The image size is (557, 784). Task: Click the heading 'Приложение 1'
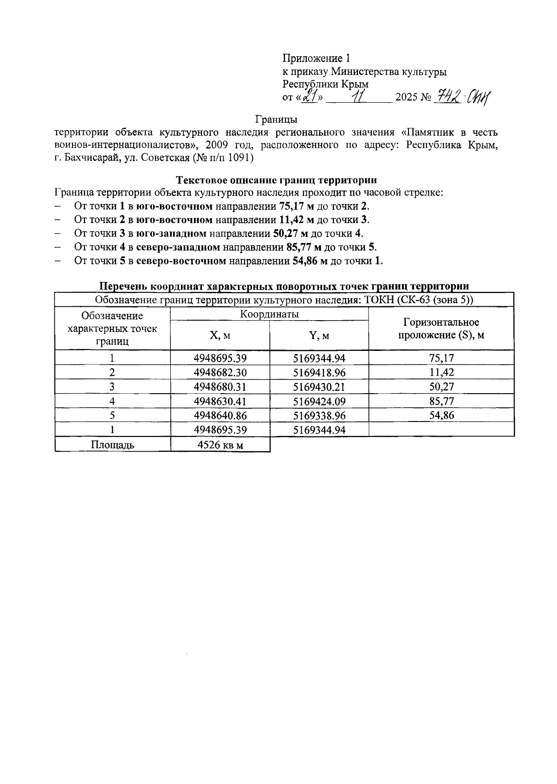[316, 59]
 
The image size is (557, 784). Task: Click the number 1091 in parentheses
[238, 158]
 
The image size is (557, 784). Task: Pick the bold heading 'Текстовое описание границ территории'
[277, 180]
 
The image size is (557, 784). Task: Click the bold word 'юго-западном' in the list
[172, 233]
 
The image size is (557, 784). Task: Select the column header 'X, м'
[220, 336]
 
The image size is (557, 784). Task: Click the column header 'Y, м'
[319, 336]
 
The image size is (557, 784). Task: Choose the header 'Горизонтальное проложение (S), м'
[441, 329]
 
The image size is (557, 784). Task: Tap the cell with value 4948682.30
[220, 373]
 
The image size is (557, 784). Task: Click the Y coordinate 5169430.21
[319, 387]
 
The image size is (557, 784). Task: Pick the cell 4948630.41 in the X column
[220, 402]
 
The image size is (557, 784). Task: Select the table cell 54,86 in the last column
[441, 415]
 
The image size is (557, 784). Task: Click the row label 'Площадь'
[112, 445]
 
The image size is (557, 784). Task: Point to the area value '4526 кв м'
[220, 445]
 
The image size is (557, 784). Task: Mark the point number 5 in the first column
[112, 415]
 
